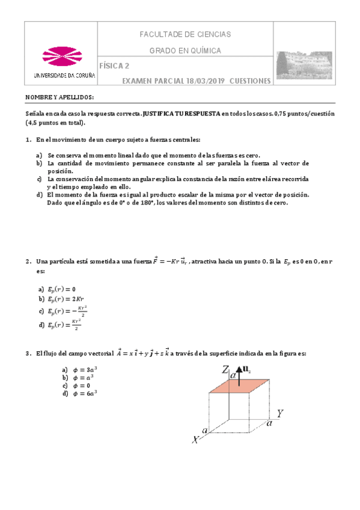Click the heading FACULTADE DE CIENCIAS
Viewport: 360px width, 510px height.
(x=185, y=35)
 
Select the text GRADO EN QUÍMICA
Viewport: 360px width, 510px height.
(x=185, y=51)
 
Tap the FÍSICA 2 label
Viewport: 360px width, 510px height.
(x=114, y=66)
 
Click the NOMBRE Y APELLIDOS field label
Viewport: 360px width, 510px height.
(x=59, y=97)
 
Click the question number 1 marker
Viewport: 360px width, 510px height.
(x=28, y=140)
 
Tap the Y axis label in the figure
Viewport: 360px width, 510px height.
(x=279, y=414)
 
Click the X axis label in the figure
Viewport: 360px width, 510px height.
(x=195, y=440)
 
